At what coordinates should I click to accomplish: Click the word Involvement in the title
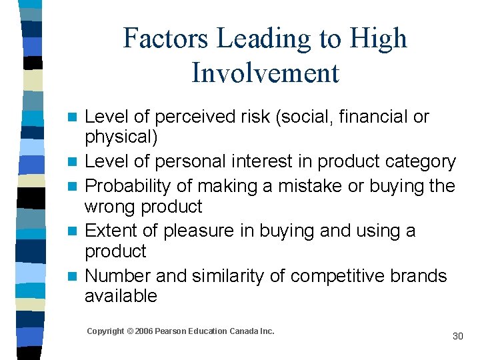[x=265, y=73]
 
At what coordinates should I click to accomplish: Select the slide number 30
[x=457, y=336]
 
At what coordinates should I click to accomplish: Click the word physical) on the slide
[x=121, y=137]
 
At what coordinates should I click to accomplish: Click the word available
[x=121, y=296]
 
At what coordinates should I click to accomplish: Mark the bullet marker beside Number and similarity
[x=77, y=276]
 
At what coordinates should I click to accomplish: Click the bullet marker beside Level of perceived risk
[x=77, y=117]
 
